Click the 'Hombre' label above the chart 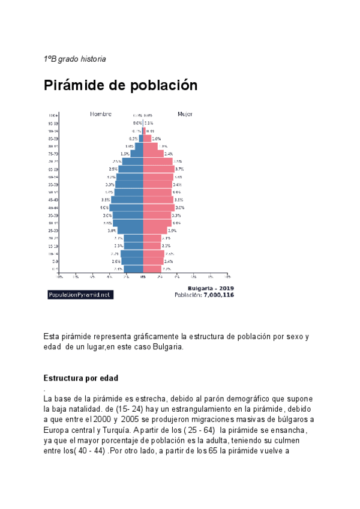(x=101, y=113)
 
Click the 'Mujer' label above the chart (x=185, y=113)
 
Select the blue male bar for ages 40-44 (x=127, y=207)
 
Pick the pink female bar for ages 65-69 (x=158, y=169)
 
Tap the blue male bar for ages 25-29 (x=130, y=230)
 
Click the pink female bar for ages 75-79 (x=153, y=154)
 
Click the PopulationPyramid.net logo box (x=80, y=295)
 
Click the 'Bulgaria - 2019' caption (x=211, y=289)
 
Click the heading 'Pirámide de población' (x=121, y=85)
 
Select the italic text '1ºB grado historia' (x=75, y=59)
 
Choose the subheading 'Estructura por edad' (x=81, y=378)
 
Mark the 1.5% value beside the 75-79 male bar (x=125, y=154)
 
